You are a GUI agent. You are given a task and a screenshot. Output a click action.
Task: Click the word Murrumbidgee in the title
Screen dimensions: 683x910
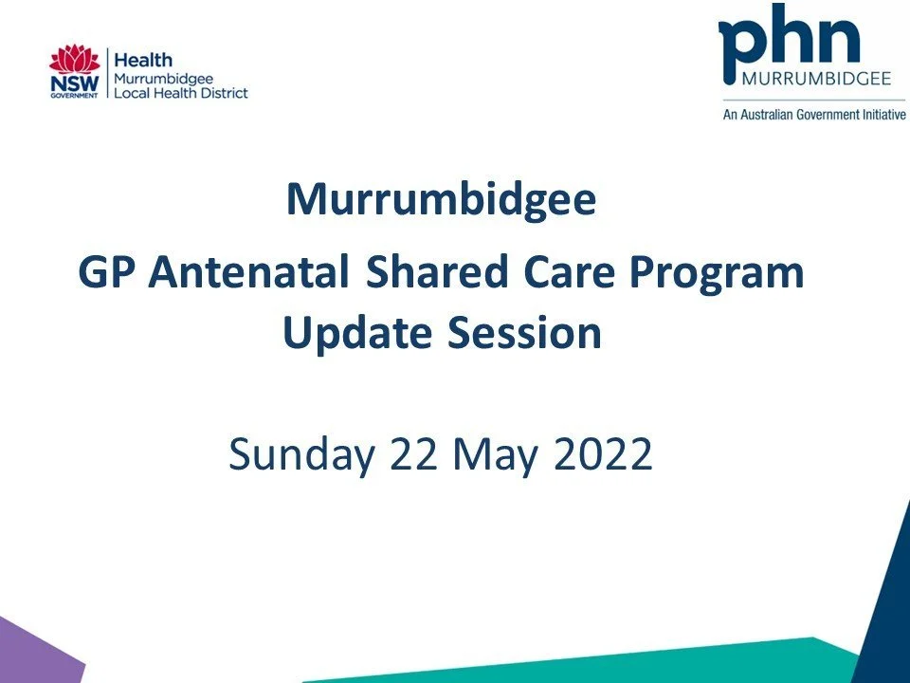point(442,200)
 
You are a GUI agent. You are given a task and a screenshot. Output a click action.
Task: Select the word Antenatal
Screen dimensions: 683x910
point(250,274)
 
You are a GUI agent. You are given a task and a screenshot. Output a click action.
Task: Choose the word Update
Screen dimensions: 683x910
point(351,334)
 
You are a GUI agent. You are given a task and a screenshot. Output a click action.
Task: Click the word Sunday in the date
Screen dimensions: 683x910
point(302,455)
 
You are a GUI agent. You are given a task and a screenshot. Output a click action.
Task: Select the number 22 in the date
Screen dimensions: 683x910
point(415,455)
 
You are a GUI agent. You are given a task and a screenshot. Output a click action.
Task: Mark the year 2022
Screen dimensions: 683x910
point(603,455)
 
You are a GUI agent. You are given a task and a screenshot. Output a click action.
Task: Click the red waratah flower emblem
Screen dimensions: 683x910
point(75,59)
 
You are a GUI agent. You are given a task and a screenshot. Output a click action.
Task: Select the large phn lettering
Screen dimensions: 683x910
point(791,38)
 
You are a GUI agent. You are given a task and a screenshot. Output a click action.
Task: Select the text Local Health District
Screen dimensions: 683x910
point(180,93)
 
